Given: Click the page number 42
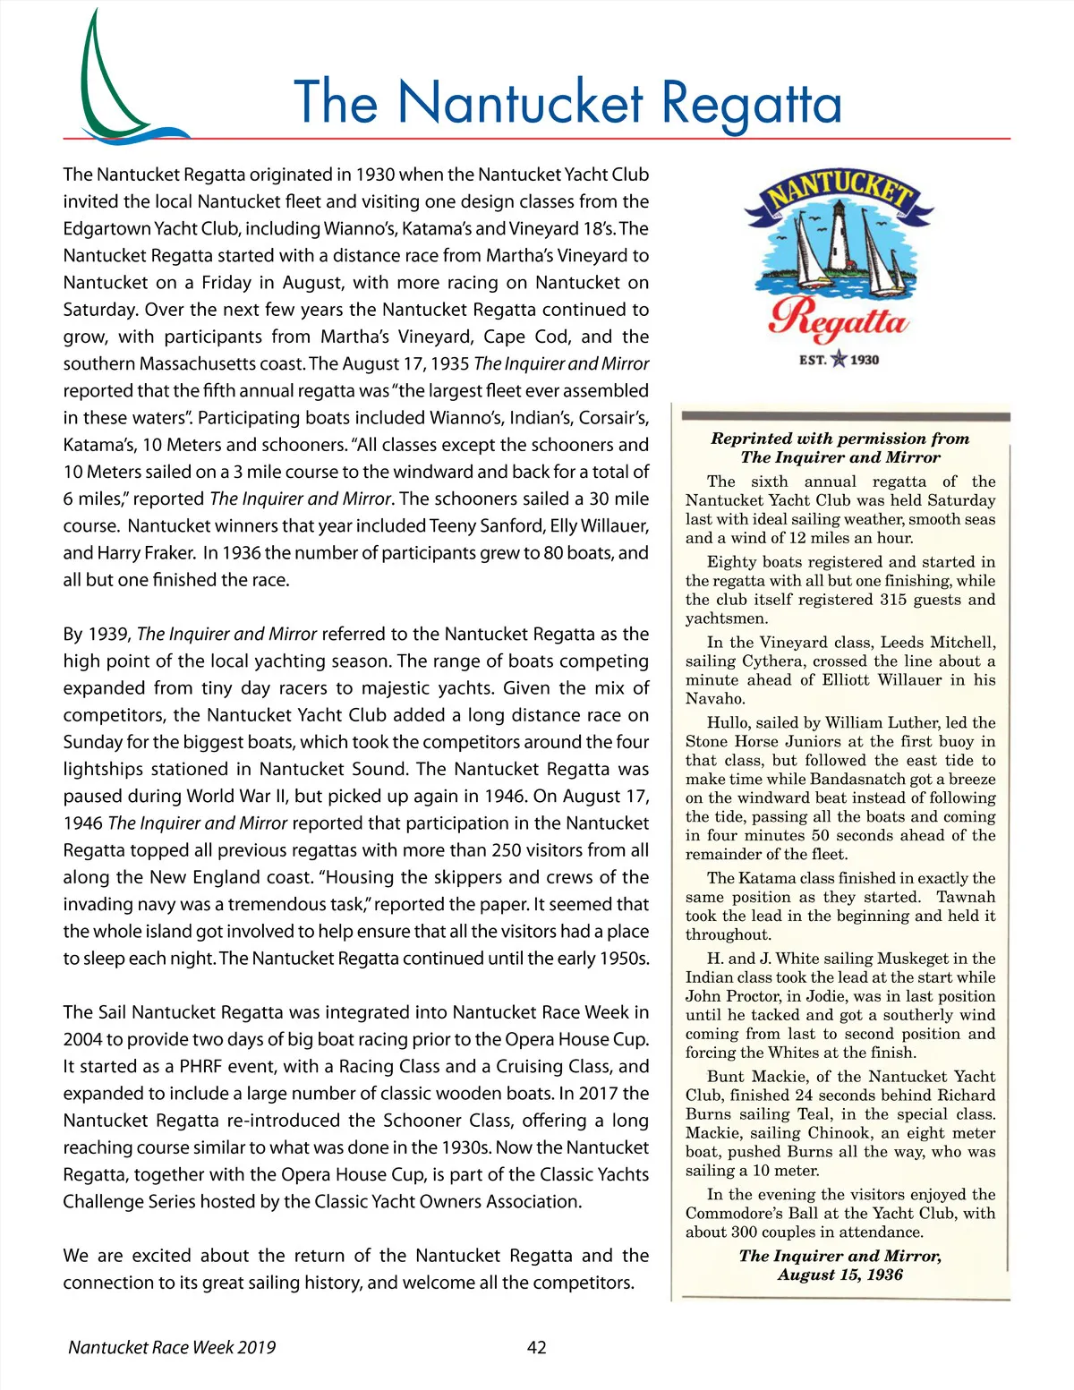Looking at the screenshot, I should click(x=536, y=1347).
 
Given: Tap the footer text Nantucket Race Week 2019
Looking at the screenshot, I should click(x=172, y=1347).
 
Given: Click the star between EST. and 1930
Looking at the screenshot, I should click(x=839, y=360).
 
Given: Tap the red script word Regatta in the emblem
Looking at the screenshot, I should click(x=839, y=320).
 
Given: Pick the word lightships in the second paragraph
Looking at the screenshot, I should click(x=101, y=769).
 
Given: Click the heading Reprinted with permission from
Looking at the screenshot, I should click(x=840, y=439).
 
